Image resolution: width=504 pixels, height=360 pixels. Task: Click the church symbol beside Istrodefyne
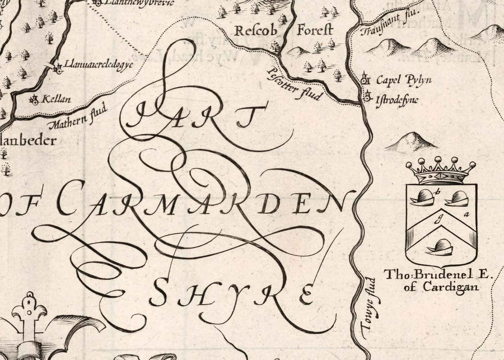pos(368,97)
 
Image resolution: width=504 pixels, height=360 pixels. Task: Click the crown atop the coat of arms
pos(441,171)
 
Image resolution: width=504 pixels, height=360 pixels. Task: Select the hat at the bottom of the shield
pos(440,246)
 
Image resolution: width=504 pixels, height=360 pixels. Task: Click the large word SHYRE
pos(233,294)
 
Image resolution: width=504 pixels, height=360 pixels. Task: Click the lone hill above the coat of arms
pos(411,142)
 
